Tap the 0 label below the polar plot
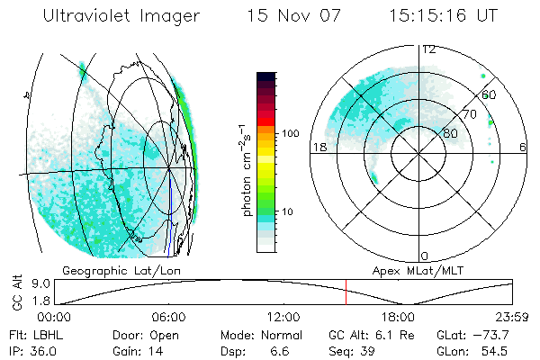(425, 256)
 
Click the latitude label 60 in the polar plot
(490, 94)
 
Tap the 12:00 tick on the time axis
(283, 317)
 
